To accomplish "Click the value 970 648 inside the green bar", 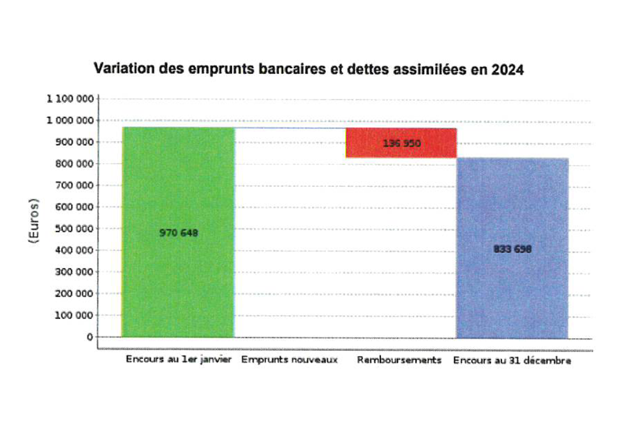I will click(x=179, y=233).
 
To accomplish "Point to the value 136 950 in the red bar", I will click(x=401, y=144).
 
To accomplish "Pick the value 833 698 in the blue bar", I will click(x=512, y=249).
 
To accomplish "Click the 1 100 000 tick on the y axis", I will click(x=70, y=99).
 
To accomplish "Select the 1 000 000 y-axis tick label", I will click(x=70, y=121).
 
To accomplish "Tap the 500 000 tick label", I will click(x=75, y=228).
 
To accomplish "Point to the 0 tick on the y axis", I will click(x=90, y=337).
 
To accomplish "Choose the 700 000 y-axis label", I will click(x=75, y=186).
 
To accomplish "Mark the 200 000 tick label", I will click(x=75, y=293).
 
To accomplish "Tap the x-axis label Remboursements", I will click(x=399, y=360).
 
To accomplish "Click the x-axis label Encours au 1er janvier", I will click(x=179, y=360).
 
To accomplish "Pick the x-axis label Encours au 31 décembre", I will click(x=512, y=361).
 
